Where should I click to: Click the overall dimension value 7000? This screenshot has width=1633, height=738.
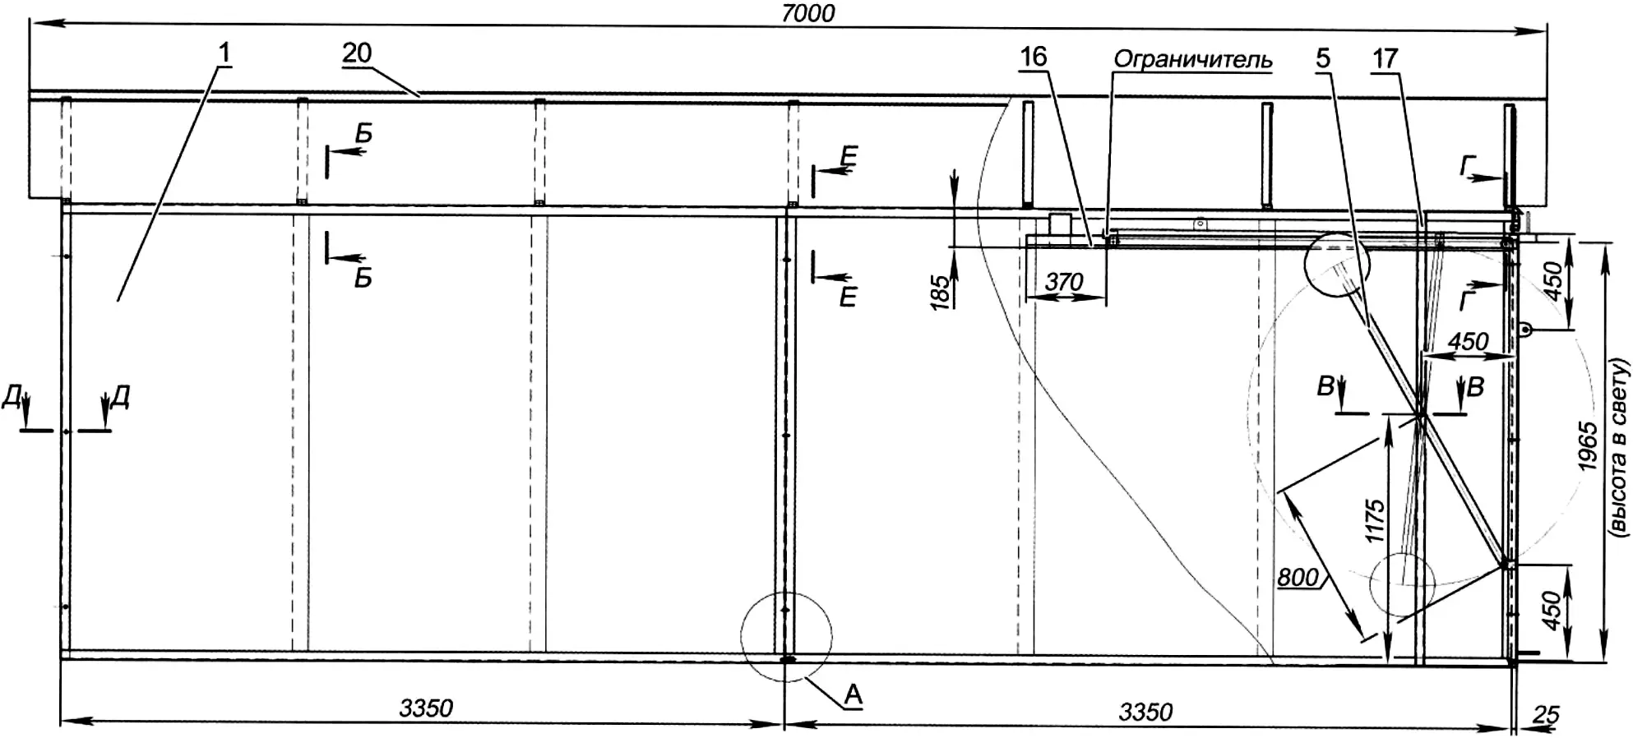809,12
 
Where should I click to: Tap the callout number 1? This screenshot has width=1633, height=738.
224,53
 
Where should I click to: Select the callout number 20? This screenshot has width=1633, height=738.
357,53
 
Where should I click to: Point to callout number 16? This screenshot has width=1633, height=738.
1034,57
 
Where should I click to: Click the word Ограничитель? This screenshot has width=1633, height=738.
1193,60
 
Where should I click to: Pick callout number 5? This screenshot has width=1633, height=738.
1323,58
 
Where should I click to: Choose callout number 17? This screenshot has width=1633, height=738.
1386,58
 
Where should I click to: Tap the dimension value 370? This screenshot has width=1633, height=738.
1064,282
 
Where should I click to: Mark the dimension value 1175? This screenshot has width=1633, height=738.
1375,521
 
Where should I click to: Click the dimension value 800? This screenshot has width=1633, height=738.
1298,578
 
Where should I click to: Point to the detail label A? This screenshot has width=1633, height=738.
854,695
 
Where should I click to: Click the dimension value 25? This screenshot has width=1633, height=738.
1546,715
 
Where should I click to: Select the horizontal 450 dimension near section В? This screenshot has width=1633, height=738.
1469,341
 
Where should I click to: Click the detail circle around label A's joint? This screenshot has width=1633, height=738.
786,591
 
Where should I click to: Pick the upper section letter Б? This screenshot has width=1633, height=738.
363,133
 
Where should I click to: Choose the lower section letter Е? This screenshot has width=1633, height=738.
848,297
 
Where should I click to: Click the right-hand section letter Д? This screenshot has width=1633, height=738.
120,398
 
